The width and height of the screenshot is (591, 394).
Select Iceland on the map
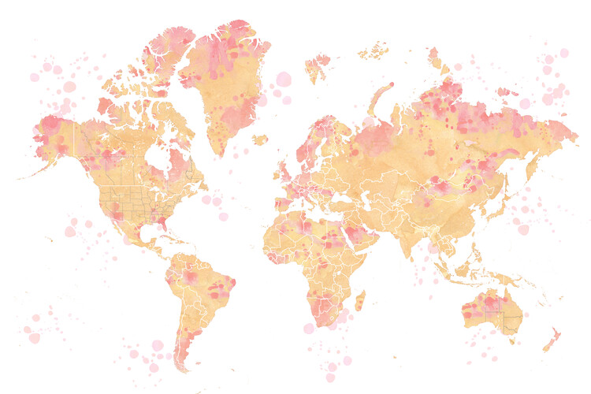[260, 139]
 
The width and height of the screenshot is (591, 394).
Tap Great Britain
[284, 169]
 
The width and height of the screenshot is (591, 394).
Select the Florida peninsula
[163, 224]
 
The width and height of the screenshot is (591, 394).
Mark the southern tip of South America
[183, 367]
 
